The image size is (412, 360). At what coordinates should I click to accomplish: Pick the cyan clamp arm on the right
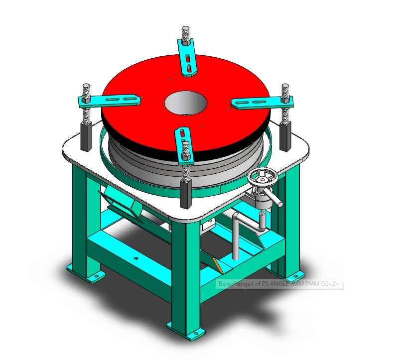261,102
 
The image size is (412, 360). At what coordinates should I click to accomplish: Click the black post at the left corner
86,136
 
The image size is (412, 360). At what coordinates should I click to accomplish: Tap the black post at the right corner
286,136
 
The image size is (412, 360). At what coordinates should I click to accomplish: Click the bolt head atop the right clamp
285,87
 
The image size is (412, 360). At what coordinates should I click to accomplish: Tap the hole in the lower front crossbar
136,259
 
